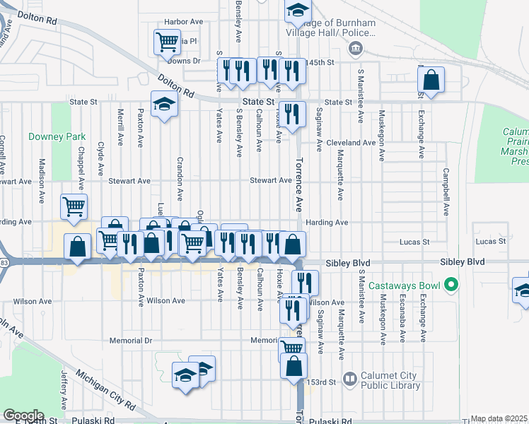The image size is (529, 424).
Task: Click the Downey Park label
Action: click(47, 136)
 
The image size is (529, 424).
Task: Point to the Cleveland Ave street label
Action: click(351, 143)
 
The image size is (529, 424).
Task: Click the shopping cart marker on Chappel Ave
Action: click(74, 206)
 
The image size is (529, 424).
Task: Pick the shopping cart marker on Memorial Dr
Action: click(292, 347)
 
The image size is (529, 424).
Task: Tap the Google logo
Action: click(23, 416)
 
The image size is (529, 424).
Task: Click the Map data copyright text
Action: click(499, 418)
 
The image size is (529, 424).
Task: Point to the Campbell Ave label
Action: click(446, 191)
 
